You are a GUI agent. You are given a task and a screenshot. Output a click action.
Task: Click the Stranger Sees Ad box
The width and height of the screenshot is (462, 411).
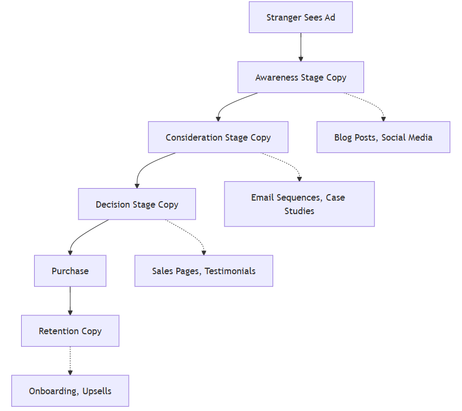point(300,17)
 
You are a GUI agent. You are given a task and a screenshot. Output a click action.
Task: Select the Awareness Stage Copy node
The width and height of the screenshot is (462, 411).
point(300,77)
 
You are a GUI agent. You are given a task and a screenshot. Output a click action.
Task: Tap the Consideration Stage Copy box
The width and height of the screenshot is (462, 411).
point(218,137)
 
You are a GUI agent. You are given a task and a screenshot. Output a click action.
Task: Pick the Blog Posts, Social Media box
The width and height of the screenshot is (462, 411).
point(383,137)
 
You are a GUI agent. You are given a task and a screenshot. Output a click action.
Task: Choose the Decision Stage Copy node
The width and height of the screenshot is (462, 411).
point(137,204)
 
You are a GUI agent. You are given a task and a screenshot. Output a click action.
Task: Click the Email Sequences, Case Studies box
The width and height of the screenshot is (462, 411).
point(299,204)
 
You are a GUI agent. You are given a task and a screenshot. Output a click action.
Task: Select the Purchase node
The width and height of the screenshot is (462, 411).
point(70,271)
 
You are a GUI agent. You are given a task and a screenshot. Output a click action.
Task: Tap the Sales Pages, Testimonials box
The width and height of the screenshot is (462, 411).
point(203,271)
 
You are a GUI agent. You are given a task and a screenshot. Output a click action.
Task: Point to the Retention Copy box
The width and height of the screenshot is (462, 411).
point(70,331)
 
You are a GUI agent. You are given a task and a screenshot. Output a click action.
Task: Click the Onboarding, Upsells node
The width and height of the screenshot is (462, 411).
point(70,391)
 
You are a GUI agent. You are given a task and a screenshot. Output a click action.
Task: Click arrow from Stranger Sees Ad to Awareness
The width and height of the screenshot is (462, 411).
point(300,47)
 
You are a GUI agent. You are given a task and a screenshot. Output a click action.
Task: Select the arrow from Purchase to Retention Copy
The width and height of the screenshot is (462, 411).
point(70,301)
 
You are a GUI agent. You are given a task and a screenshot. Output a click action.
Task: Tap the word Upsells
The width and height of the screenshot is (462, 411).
point(97,391)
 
